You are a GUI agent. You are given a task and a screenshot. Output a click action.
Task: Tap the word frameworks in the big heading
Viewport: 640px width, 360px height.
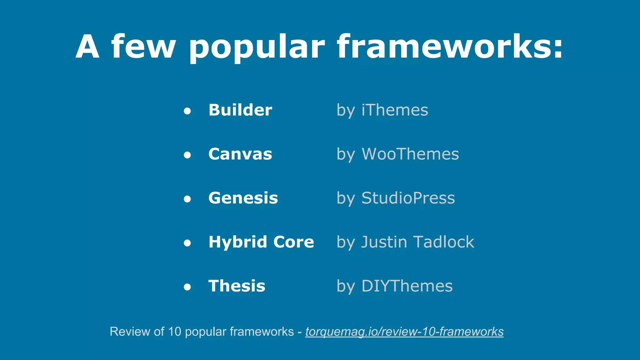(x=449, y=47)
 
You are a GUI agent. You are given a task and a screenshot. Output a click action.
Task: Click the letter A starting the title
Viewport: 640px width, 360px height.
(x=88, y=47)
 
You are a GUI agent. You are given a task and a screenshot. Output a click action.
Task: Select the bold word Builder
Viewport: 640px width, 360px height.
(x=240, y=110)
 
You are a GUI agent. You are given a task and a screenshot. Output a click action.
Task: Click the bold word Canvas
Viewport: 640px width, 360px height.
(x=240, y=154)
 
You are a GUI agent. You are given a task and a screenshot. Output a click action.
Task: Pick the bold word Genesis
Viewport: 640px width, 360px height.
(x=243, y=198)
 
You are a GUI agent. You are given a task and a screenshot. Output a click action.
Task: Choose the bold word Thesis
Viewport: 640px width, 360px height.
(x=237, y=286)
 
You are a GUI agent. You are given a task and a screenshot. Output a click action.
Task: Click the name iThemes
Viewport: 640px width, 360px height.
(x=395, y=110)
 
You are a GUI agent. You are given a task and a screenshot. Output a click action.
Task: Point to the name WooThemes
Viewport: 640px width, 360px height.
(x=410, y=154)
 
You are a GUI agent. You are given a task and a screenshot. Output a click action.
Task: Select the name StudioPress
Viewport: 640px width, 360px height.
(x=408, y=198)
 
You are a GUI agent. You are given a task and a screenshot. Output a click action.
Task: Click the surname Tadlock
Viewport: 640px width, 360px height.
(x=443, y=242)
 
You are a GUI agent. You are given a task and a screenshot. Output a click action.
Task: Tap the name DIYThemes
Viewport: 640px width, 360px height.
(x=407, y=286)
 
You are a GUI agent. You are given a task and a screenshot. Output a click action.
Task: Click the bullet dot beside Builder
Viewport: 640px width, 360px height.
(x=187, y=111)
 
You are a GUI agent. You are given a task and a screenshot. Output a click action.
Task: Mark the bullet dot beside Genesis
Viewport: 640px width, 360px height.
(x=187, y=199)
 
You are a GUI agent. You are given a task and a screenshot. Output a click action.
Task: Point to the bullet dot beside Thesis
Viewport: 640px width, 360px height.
(x=187, y=287)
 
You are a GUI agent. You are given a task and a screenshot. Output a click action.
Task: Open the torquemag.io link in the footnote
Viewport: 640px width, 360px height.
(x=404, y=332)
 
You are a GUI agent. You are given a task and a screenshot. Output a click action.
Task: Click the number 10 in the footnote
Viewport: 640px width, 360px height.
(x=174, y=332)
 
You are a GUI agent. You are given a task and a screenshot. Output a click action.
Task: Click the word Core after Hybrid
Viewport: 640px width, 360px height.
(x=293, y=242)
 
